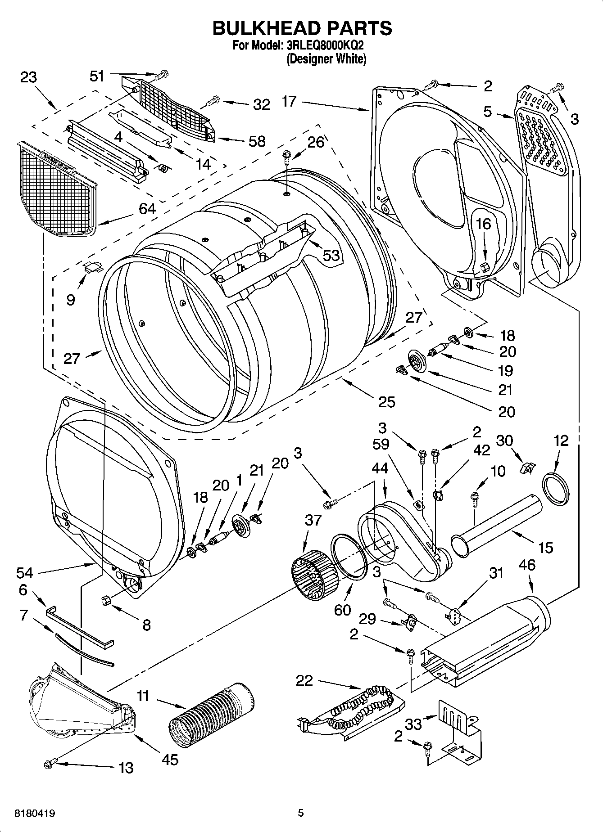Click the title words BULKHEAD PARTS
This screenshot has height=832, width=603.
[x=302, y=28]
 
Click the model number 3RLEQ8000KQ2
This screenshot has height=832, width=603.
[x=323, y=46]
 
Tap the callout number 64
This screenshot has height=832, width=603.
[x=147, y=209]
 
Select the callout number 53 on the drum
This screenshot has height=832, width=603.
[x=331, y=256]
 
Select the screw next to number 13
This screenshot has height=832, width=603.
[x=50, y=763]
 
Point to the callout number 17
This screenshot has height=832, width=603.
[x=289, y=102]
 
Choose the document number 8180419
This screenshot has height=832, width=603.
[x=29, y=814]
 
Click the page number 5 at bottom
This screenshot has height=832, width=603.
[x=301, y=813]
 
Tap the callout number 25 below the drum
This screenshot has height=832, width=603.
[x=387, y=401]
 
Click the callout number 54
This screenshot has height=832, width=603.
[x=25, y=573]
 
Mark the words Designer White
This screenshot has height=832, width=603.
[x=326, y=59]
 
